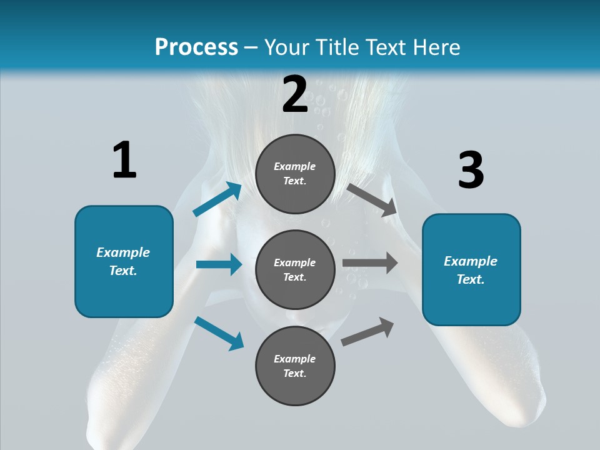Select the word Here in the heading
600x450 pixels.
(x=436, y=47)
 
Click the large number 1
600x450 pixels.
(x=125, y=159)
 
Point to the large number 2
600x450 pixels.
(x=295, y=94)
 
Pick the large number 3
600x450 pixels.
(x=471, y=169)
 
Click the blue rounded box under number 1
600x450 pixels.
(x=124, y=262)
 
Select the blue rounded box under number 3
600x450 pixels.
(x=471, y=270)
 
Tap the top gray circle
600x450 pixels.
(x=296, y=174)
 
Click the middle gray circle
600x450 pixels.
(x=296, y=270)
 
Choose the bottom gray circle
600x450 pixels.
(x=296, y=366)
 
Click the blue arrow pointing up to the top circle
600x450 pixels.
(x=217, y=199)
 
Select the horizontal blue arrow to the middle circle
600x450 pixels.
(x=219, y=264)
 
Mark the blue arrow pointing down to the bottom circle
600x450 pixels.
(x=219, y=333)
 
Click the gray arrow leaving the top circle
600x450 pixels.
(x=372, y=201)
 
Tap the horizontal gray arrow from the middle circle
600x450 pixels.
(x=370, y=263)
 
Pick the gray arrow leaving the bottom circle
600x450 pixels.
(x=367, y=332)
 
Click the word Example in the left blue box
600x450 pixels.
(x=123, y=252)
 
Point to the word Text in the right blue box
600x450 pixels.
(x=471, y=279)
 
